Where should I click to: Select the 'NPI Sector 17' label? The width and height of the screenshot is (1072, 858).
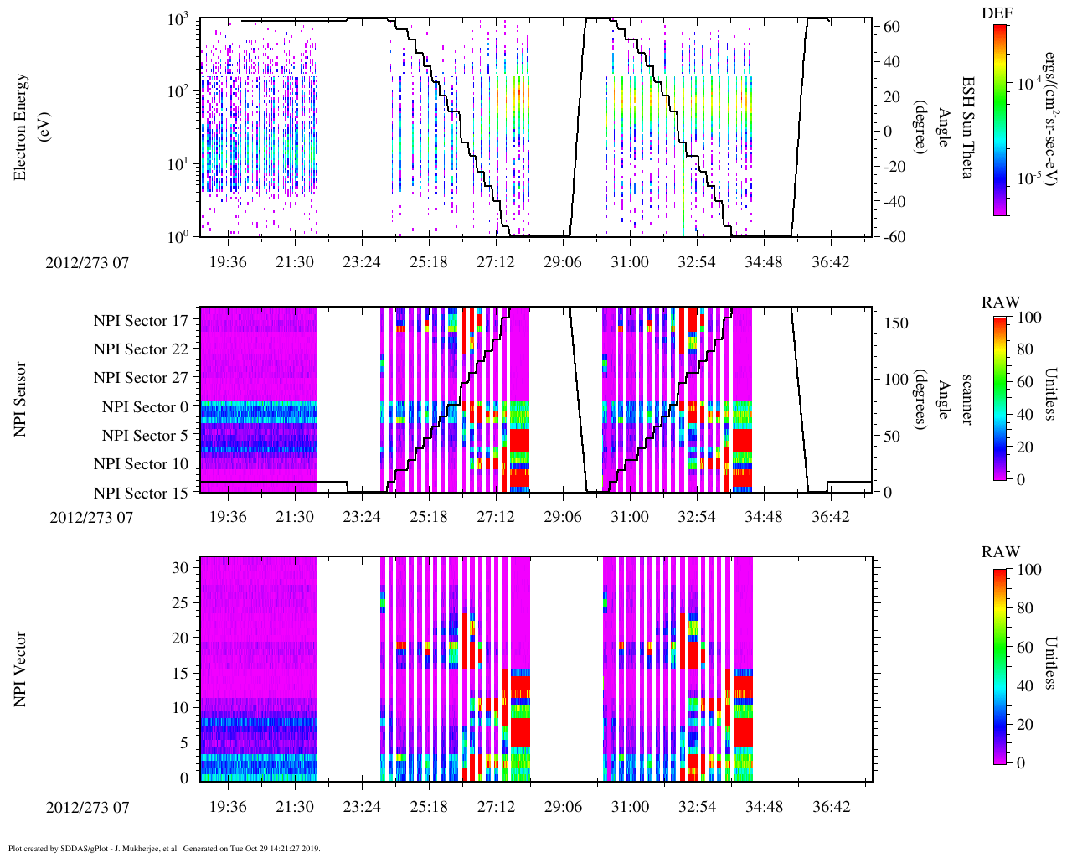(x=141, y=321)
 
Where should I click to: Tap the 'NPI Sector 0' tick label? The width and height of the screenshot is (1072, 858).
(x=145, y=407)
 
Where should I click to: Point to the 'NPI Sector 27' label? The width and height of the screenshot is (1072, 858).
(x=141, y=378)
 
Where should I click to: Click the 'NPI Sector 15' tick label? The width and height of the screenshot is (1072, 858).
(x=141, y=494)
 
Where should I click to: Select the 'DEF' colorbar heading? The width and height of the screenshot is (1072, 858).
(x=997, y=13)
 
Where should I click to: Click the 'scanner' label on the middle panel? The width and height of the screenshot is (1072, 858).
(x=967, y=399)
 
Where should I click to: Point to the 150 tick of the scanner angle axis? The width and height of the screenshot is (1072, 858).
(x=897, y=323)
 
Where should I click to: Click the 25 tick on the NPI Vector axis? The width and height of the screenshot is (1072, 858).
(x=182, y=602)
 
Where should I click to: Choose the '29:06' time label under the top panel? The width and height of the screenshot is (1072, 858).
(x=563, y=262)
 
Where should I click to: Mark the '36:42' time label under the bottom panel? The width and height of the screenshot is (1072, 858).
(x=831, y=807)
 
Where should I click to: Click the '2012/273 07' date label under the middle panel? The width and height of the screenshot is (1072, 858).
(x=91, y=517)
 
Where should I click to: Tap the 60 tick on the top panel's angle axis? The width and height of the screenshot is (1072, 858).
(x=893, y=27)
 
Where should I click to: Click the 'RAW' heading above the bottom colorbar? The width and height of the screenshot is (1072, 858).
(x=1001, y=552)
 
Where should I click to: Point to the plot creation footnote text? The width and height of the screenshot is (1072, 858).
(x=164, y=848)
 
